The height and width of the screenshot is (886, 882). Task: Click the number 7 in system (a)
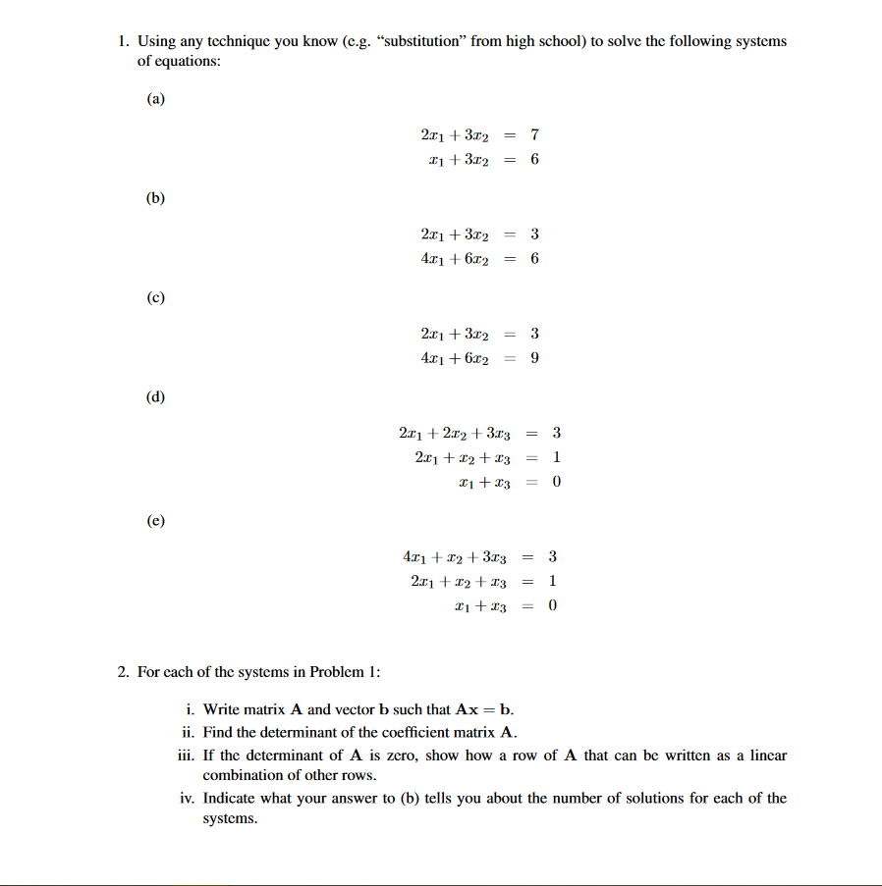coord(534,133)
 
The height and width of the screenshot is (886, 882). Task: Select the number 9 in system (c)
coord(534,358)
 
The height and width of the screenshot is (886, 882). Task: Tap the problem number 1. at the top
coord(123,41)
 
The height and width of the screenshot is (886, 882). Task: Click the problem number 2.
coord(123,672)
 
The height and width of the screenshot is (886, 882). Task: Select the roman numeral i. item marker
coord(190,709)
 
